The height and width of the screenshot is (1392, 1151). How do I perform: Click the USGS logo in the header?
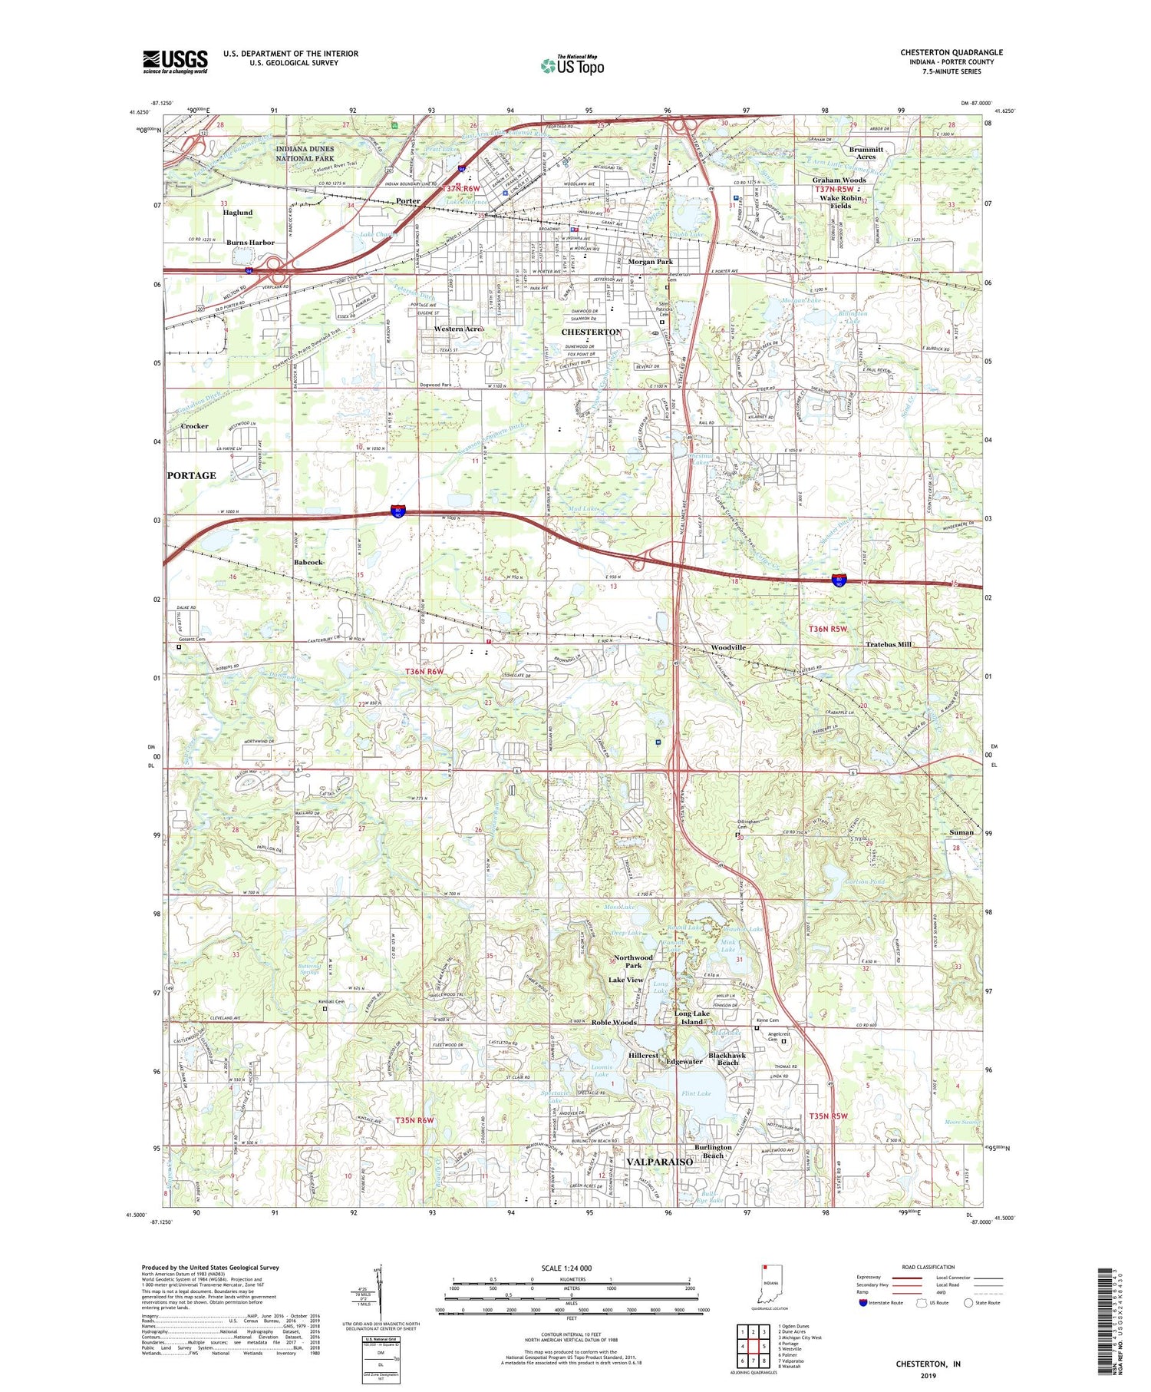175,61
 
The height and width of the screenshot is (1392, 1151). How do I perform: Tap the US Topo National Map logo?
572,65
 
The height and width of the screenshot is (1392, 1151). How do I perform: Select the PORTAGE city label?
192,475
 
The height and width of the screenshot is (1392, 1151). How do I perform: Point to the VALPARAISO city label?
659,1162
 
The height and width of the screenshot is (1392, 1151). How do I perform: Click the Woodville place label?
727,647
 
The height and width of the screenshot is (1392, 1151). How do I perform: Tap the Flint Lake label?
696,1093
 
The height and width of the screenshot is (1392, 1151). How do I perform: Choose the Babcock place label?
308,562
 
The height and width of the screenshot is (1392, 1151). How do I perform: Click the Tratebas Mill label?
889,644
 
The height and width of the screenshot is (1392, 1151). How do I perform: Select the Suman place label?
961,832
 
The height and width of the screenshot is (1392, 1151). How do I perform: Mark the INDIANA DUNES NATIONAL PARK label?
305,154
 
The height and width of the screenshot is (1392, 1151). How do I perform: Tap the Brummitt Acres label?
866,153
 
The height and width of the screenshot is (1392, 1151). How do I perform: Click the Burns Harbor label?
250,243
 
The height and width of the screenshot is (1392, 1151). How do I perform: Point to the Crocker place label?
194,426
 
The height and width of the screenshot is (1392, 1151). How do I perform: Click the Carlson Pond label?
865,881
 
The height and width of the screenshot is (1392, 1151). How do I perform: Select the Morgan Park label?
650,262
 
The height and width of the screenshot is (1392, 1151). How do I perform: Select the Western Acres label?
459,329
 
